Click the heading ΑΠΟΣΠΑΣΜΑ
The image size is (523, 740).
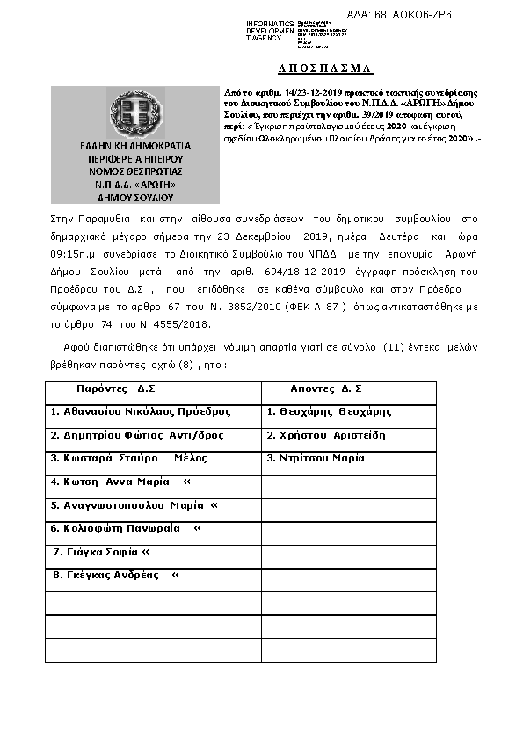(x=319, y=68)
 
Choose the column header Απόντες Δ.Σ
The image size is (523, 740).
(x=326, y=388)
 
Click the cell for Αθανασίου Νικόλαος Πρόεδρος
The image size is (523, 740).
(x=141, y=411)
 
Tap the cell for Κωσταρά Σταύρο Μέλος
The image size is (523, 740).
(x=128, y=458)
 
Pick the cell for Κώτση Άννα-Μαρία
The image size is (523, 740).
(x=120, y=482)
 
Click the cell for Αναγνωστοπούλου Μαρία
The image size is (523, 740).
(x=134, y=505)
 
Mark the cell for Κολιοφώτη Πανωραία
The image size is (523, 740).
(x=126, y=528)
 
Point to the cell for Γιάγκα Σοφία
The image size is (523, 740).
(x=101, y=552)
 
